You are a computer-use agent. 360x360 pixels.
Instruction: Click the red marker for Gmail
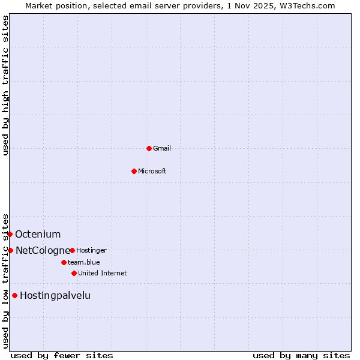click(149, 148)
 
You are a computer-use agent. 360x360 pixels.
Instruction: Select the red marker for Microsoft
click(134, 171)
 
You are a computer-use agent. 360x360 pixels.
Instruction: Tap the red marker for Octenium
click(10, 234)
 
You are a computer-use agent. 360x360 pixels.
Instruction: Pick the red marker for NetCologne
click(11, 250)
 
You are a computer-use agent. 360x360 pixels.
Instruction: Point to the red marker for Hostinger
click(72, 250)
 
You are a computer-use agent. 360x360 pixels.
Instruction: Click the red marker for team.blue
click(64, 262)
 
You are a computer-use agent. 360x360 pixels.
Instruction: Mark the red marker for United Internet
click(74, 273)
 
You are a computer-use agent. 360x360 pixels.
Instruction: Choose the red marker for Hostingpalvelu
click(14, 295)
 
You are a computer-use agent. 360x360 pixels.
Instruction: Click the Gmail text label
click(162, 148)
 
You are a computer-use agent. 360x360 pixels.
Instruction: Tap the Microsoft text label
click(152, 171)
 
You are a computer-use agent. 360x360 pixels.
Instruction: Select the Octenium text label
click(38, 234)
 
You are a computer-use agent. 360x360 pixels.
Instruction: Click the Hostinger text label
click(92, 250)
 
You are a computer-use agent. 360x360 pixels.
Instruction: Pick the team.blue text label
click(84, 262)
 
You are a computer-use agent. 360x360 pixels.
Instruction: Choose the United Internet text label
click(103, 273)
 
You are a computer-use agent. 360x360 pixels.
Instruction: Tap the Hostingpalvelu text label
click(55, 295)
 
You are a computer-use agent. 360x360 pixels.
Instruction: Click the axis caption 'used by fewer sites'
click(62, 355)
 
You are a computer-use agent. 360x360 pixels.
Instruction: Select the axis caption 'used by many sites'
click(301, 355)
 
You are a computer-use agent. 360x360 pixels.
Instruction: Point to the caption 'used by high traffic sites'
click(5, 85)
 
